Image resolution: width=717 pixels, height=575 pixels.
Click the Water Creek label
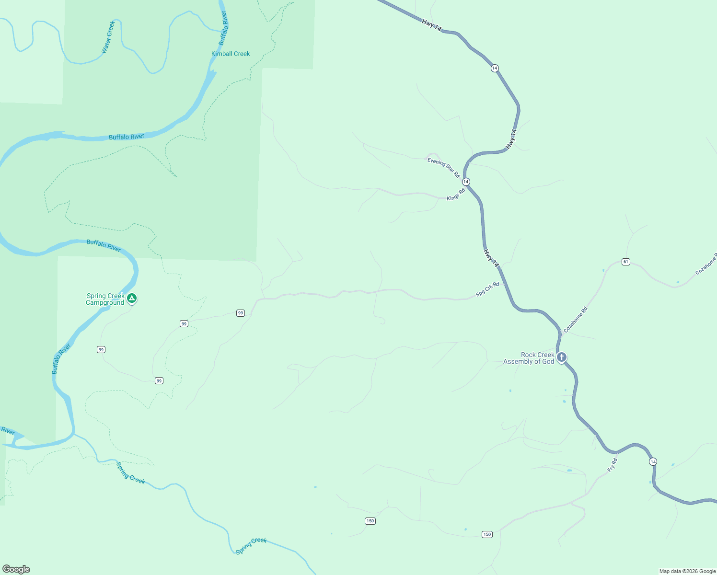point(108,37)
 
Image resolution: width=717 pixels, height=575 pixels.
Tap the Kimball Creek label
point(231,54)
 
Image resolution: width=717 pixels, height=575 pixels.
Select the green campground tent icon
point(132,299)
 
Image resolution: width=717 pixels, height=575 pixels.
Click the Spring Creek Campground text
point(105,299)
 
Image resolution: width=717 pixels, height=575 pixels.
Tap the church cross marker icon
point(562,357)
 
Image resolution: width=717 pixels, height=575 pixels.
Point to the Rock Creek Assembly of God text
point(529,358)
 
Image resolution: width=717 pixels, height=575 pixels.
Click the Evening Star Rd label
point(443,167)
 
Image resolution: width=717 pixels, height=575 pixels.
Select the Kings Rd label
point(456,195)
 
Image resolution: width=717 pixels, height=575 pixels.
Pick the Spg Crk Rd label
point(487,289)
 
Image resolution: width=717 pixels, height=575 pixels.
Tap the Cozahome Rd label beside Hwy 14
point(575,320)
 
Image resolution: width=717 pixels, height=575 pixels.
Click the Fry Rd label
point(612,465)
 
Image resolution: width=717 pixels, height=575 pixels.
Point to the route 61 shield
point(626,262)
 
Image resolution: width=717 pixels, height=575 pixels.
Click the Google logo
point(16,569)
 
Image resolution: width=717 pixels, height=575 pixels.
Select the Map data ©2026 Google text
point(687,571)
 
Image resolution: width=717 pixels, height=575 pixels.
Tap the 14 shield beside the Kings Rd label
point(466,182)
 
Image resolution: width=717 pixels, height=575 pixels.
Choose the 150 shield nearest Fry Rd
point(487,534)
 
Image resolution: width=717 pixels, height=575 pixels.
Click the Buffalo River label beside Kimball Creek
point(222,28)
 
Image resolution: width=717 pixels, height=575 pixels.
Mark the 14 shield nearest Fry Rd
point(653,461)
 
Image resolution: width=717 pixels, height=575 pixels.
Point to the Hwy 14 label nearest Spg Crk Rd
point(491,258)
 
